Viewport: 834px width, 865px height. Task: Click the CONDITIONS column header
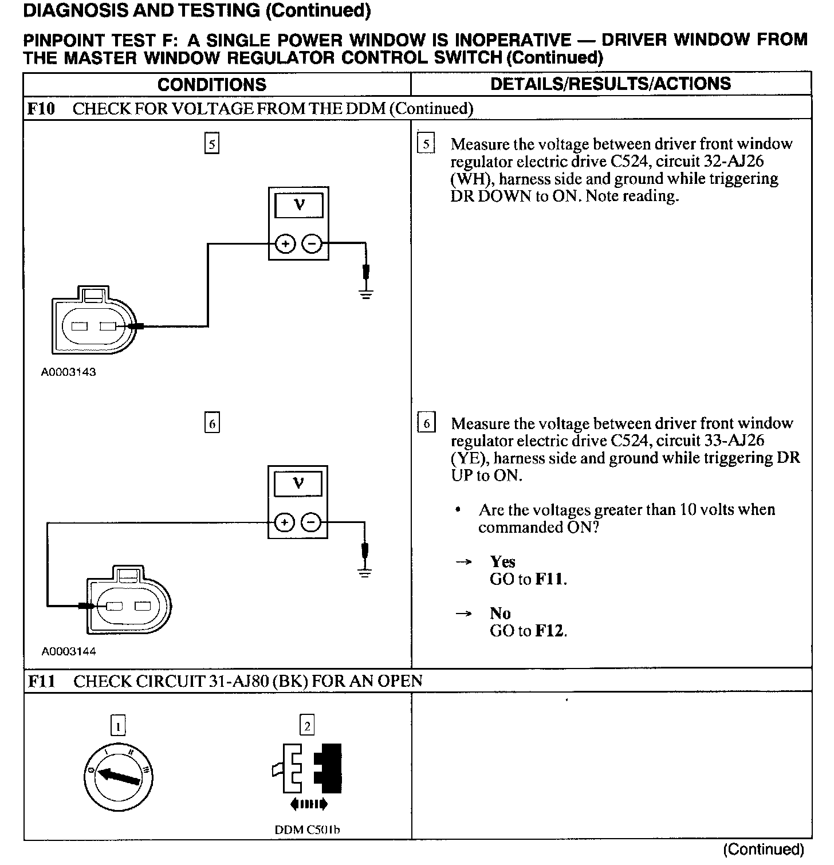coord(211,85)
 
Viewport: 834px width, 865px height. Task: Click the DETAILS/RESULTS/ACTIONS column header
coord(611,84)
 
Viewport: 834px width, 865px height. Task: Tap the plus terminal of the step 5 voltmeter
coord(285,244)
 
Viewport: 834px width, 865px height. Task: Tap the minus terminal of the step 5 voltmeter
coord(312,244)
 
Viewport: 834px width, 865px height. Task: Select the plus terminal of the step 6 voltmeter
coord(285,523)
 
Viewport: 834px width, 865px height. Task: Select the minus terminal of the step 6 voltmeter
coord(312,523)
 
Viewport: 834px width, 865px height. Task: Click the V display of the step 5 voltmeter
coord(298,205)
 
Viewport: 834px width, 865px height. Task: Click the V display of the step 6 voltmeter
coord(298,484)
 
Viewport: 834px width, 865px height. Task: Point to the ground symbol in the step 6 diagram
coord(364,572)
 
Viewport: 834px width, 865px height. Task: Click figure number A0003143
coord(68,372)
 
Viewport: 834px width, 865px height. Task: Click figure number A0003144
coord(68,651)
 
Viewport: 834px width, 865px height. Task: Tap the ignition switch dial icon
coord(119,777)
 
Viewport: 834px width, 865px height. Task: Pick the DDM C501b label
coord(308,829)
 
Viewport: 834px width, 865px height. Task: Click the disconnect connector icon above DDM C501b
coord(308,770)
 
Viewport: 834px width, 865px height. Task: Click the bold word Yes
coord(502,561)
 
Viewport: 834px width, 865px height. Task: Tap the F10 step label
coord(41,109)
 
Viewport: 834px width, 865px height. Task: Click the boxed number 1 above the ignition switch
coord(118,726)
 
